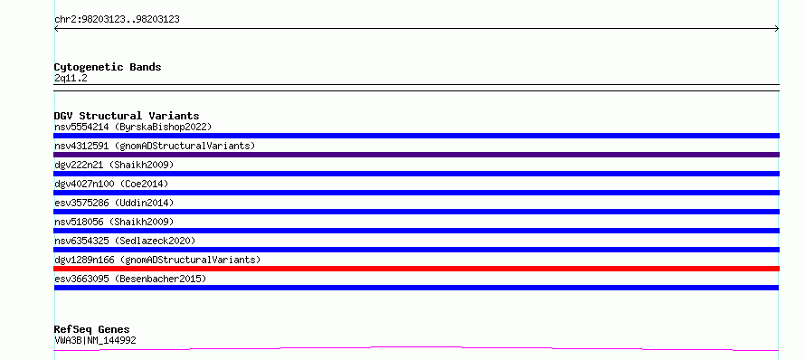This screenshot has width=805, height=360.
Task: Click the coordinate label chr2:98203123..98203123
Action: tap(117, 20)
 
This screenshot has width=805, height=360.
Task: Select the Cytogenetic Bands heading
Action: tap(108, 67)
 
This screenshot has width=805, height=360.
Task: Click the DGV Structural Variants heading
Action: tap(127, 116)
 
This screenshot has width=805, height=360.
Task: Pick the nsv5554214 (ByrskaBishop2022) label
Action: tap(133, 127)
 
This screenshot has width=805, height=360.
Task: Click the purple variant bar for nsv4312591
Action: tap(416, 155)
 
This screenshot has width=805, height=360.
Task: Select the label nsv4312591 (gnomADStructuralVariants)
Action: tap(155, 146)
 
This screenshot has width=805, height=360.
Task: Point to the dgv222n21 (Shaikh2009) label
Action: tap(114, 165)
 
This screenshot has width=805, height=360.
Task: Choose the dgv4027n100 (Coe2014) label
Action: tap(111, 184)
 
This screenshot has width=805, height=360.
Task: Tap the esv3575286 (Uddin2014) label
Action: tap(114, 203)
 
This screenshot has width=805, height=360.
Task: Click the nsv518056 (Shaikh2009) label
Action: tap(114, 222)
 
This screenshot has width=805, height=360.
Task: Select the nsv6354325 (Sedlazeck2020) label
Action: tap(125, 241)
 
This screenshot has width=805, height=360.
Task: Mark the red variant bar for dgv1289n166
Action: tap(416, 269)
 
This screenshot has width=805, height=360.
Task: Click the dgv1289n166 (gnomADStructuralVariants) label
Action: tap(157, 260)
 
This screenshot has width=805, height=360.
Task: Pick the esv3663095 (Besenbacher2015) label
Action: tap(130, 279)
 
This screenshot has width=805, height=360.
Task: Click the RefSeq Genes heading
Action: tap(92, 329)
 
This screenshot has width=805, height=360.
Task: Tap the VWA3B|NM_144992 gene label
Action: tap(95, 340)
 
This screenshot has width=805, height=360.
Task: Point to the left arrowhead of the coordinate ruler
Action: tap(55, 29)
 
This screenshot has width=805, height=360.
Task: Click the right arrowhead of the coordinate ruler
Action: tap(778, 29)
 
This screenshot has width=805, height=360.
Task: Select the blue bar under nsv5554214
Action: tap(416, 136)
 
